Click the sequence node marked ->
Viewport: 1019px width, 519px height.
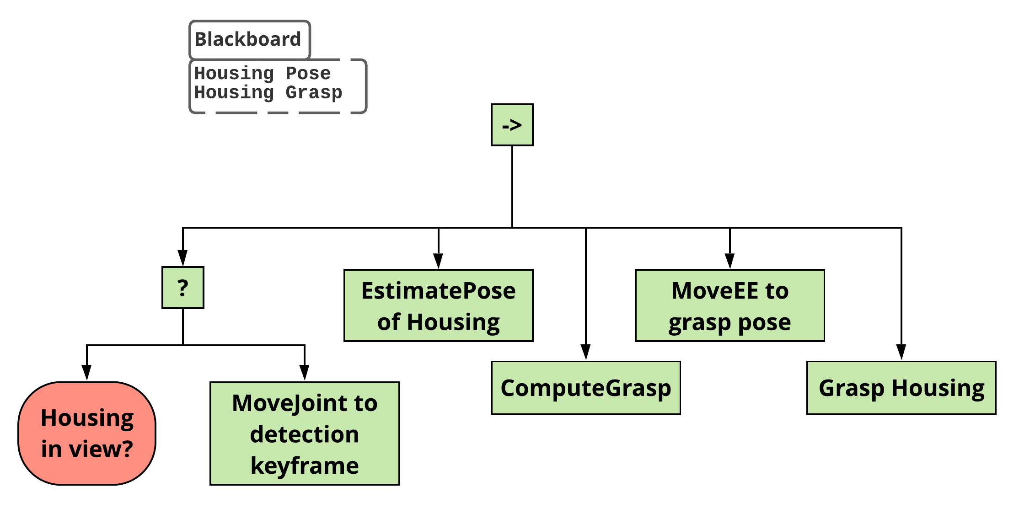tap(512, 125)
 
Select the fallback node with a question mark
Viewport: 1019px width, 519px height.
tap(183, 288)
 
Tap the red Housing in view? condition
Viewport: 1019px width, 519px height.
tap(87, 433)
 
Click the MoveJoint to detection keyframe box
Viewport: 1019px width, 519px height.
tap(305, 433)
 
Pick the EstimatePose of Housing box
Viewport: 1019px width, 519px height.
tap(438, 305)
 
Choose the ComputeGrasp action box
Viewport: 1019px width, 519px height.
tap(585, 388)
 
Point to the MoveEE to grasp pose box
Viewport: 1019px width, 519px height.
tap(729, 305)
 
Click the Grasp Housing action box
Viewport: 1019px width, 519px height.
tap(901, 388)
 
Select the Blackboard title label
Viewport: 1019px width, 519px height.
tap(248, 39)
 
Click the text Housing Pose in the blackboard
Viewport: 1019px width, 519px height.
tap(263, 73)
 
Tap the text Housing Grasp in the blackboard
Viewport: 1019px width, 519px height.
tap(268, 92)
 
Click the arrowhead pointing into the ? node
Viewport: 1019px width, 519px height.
tap(183, 258)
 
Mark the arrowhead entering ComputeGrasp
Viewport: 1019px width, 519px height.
tap(586, 352)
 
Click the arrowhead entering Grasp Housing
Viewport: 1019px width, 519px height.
tap(901, 352)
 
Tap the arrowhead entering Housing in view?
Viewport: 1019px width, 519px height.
tap(87, 372)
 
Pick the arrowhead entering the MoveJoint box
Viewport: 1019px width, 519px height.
tap(305, 372)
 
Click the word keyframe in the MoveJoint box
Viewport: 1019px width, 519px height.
tap(305, 465)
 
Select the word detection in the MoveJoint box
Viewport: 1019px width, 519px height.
tap(305, 434)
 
